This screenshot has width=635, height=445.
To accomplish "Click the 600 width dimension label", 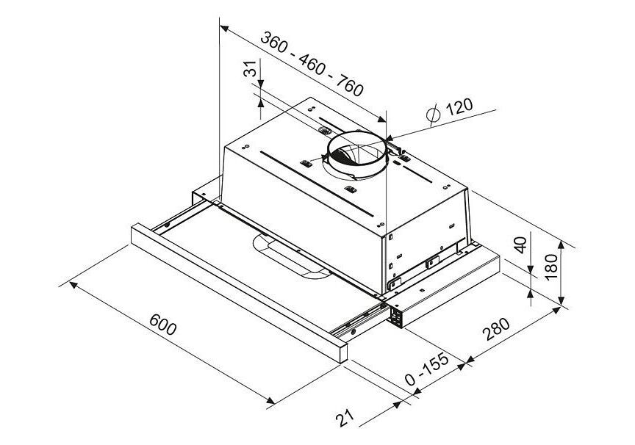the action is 163,325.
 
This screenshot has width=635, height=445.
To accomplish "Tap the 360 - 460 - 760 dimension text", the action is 312,64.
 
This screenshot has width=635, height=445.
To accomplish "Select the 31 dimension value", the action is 251,69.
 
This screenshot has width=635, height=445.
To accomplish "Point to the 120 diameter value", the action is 459,106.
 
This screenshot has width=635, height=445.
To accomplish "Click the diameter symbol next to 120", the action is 434,114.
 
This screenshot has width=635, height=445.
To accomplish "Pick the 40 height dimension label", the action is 521,245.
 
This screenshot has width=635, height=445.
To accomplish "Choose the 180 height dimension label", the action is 551,267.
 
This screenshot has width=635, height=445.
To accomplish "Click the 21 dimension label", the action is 345,418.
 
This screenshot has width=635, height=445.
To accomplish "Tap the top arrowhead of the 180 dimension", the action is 561,245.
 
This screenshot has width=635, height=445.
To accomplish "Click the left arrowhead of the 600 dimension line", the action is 73,285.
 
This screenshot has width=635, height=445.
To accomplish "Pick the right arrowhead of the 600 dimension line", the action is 270,400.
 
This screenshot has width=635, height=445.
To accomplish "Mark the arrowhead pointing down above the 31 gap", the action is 260,82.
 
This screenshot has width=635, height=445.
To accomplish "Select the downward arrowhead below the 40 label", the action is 531,269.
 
